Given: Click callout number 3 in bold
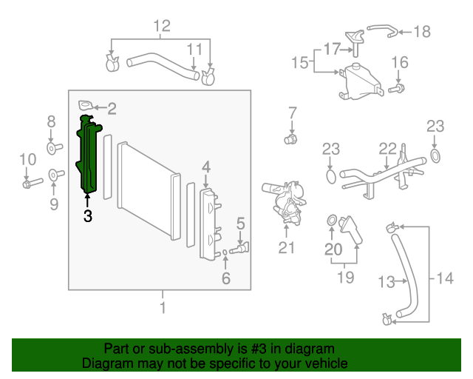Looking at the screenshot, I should point(88,216).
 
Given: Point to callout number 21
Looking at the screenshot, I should point(286,248).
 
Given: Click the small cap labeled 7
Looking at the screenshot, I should point(291,138).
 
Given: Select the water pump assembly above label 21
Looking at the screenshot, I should point(284,204).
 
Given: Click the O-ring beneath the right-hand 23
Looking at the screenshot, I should point(435,155).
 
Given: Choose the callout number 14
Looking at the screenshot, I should point(444,278).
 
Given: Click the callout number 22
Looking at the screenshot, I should point(388,149).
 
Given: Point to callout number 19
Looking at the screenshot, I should point(346,278).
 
